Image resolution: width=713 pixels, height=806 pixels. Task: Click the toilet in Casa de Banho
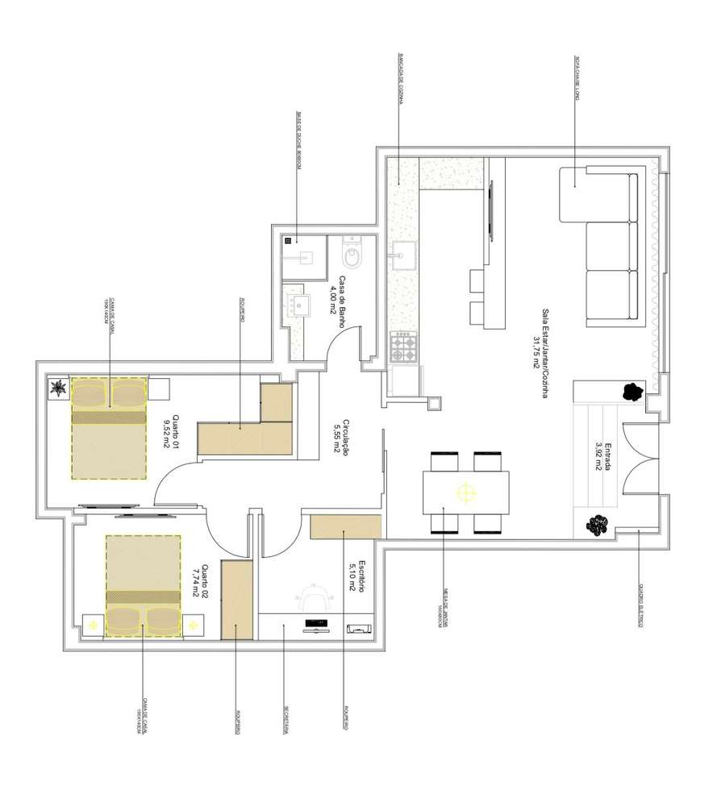pyautogui.click(x=352, y=257)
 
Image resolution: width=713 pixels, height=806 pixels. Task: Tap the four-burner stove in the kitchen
pyautogui.click(x=403, y=347)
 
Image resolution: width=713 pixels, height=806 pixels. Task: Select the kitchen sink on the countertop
pyautogui.click(x=402, y=256)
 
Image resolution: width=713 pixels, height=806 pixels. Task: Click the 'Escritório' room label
pyautogui.click(x=358, y=576)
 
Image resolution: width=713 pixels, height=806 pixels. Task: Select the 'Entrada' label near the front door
pyautogui.click(x=601, y=456)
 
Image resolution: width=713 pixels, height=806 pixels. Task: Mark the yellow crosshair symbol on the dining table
pyautogui.click(x=465, y=492)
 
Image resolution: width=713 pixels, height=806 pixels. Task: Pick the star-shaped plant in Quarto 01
pyautogui.click(x=58, y=389)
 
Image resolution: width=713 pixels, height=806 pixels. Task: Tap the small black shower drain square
pyautogui.click(x=288, y=240)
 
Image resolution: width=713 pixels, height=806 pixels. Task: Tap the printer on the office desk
pyautogui.click(x=356, y=627)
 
